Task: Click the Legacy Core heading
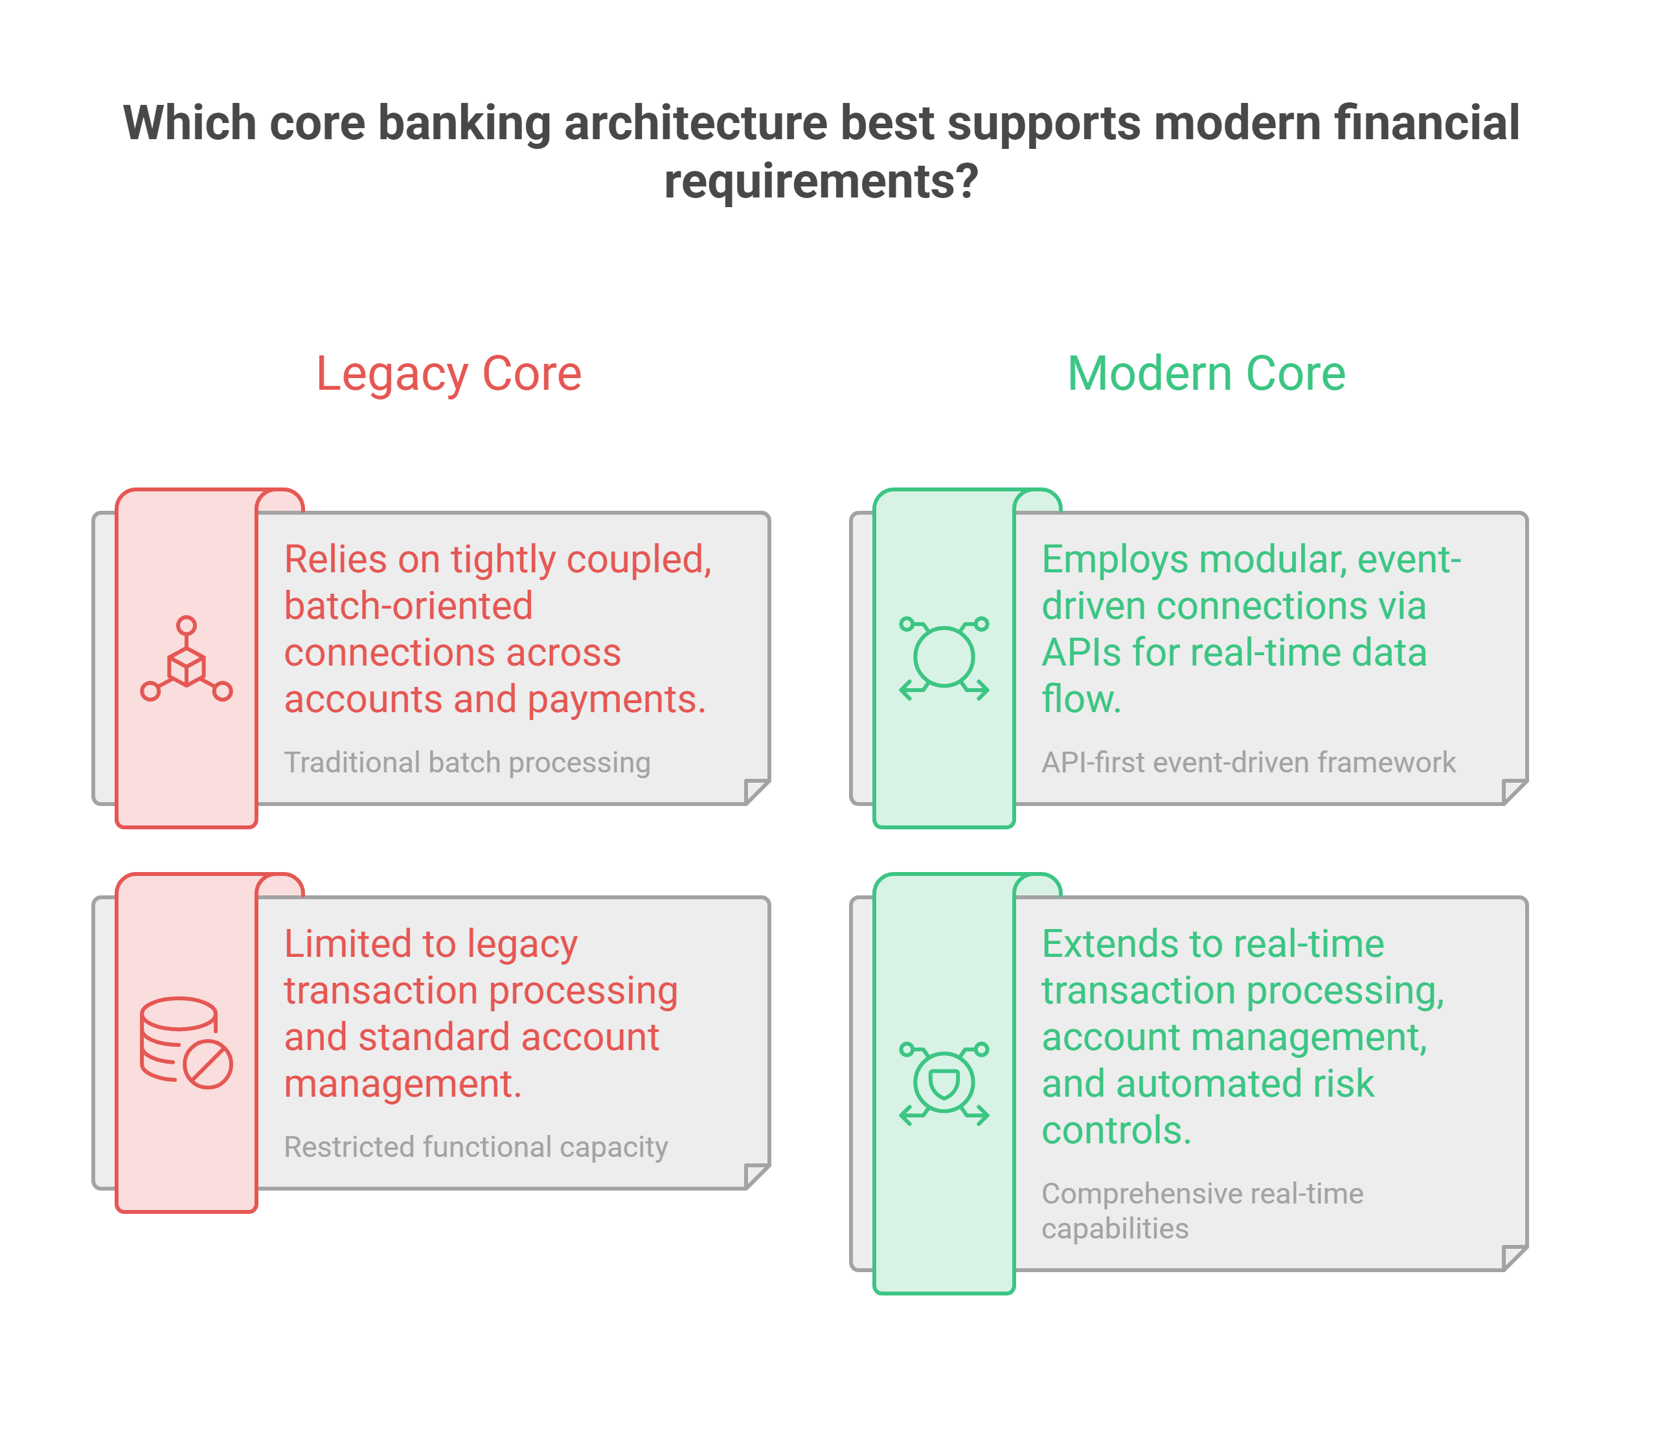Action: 449,374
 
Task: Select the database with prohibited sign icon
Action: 187,1043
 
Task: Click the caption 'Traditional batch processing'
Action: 468,763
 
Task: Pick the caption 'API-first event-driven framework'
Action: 1249,763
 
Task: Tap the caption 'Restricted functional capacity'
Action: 476,1147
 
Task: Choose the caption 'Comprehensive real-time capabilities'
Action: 1202,1211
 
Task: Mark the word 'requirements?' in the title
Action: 821,183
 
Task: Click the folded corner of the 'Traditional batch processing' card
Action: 757,791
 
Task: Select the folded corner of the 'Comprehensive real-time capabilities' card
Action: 1515,1258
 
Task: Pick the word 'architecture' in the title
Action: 696,124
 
